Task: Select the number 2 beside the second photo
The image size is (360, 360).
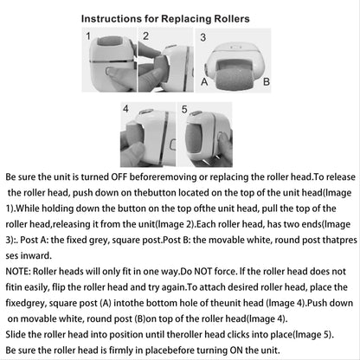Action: [x=146, y=36]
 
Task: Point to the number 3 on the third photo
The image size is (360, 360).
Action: [x=202, y=37]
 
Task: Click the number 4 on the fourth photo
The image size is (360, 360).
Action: [x=125, y=110]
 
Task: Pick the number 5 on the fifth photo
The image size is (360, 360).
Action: [x=183, y=110]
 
